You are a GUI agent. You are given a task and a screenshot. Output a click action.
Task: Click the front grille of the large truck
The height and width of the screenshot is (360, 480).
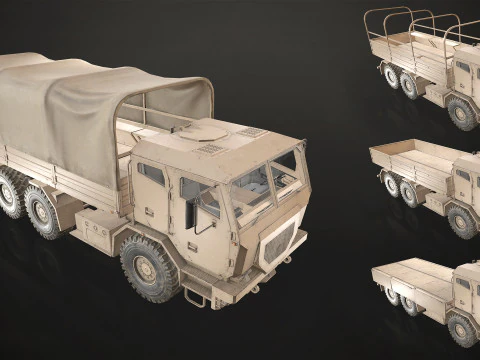click(279, 243)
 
